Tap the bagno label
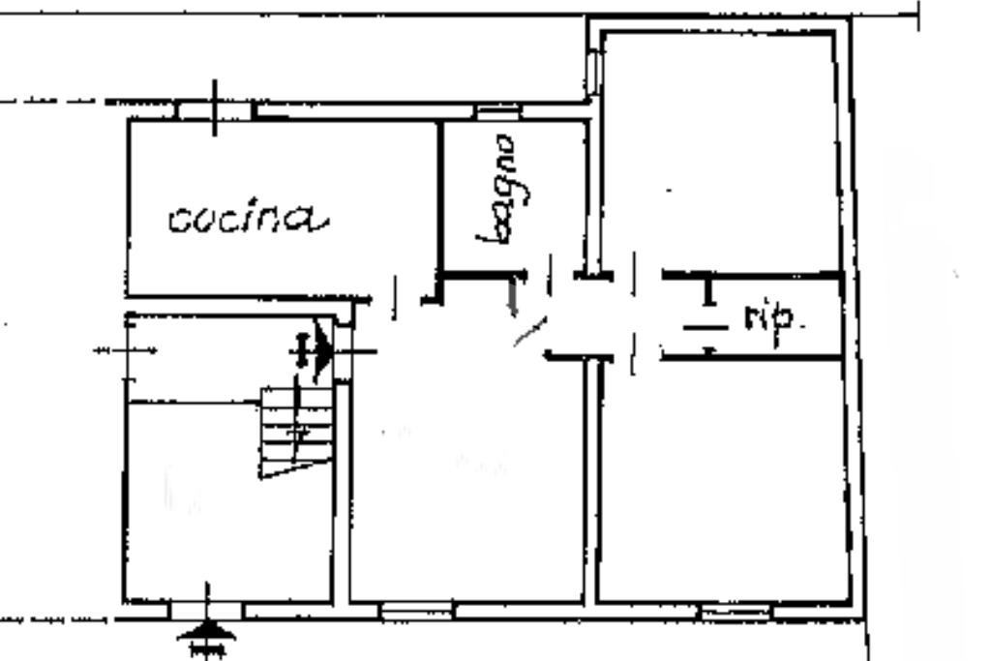click(500, 189)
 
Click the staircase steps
click(295, 431)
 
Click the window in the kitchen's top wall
click(214, 110)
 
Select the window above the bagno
click(497, 112)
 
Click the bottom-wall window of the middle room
click(415, 611)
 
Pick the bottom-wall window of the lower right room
click(735, 612)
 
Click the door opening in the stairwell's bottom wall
click(206, 610)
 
